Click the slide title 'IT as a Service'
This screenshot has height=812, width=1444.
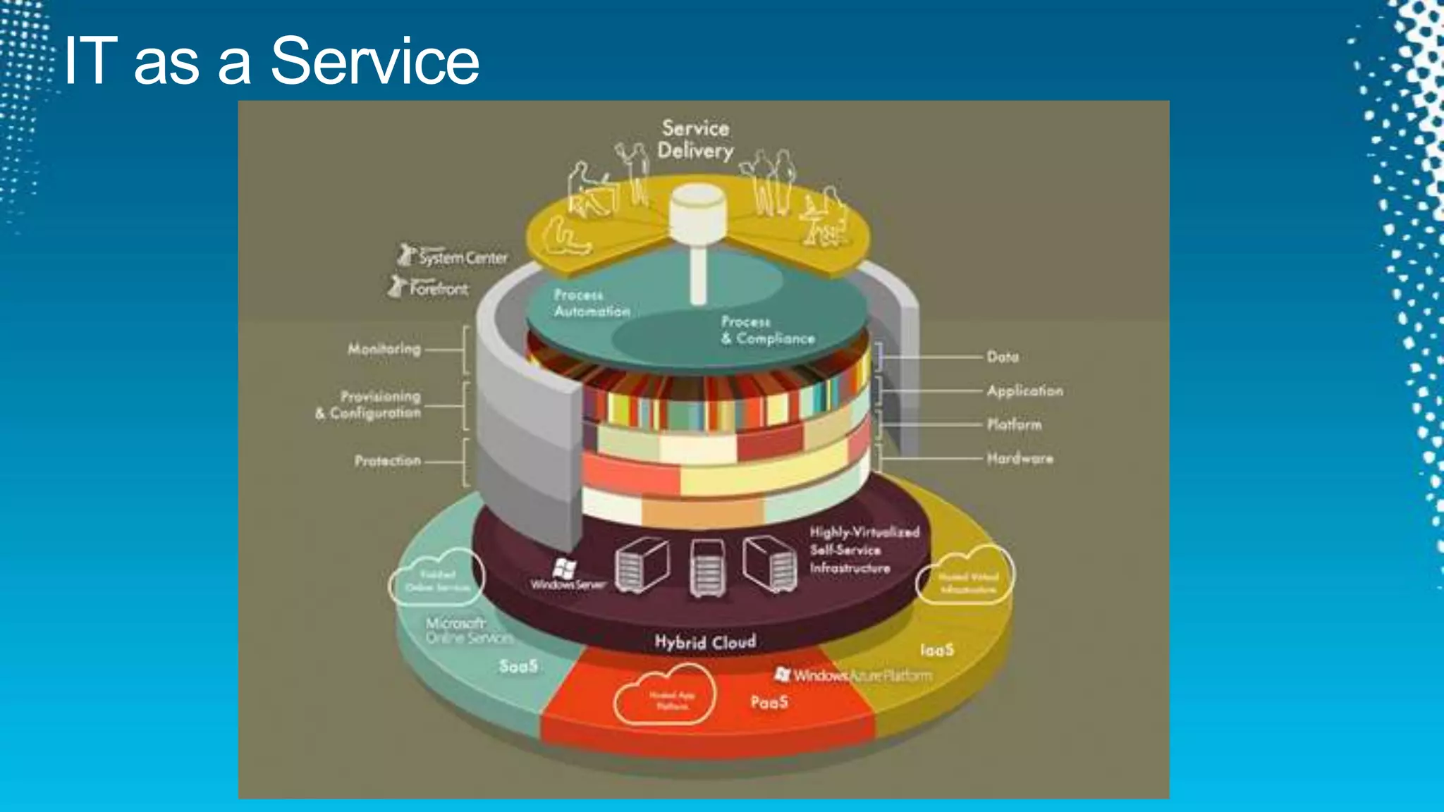(x=271, y=61)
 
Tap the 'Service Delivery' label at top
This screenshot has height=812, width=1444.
(x=695, y=140)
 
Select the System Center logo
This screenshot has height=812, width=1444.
(x=453, y=257)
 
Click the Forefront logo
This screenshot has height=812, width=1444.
(x=429, y=288)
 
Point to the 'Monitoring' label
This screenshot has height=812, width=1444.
(x=384, y=349)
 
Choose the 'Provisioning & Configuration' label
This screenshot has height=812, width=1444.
(x=369, y=405)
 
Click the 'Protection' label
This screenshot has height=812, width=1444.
(x=388, y=461)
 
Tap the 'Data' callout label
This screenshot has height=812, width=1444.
(x=1003, y=357)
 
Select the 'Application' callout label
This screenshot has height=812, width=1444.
(x=1024, y=390)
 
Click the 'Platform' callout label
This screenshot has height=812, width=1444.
(x=1014, y=424)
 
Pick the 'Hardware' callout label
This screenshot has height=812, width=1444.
(x=1020, y=459)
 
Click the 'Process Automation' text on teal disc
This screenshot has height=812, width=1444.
(x=591, y=303)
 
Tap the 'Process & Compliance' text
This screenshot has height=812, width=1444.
(x=767, y=330)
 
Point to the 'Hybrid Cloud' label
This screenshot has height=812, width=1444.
(x=705, y=642)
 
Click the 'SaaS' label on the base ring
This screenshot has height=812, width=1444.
(x=518, y=666)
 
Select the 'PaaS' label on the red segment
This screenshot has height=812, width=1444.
(x=769, y=702)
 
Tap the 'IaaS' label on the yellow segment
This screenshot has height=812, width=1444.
(x=937, y=650)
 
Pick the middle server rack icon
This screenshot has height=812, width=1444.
(x=707, y=570)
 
